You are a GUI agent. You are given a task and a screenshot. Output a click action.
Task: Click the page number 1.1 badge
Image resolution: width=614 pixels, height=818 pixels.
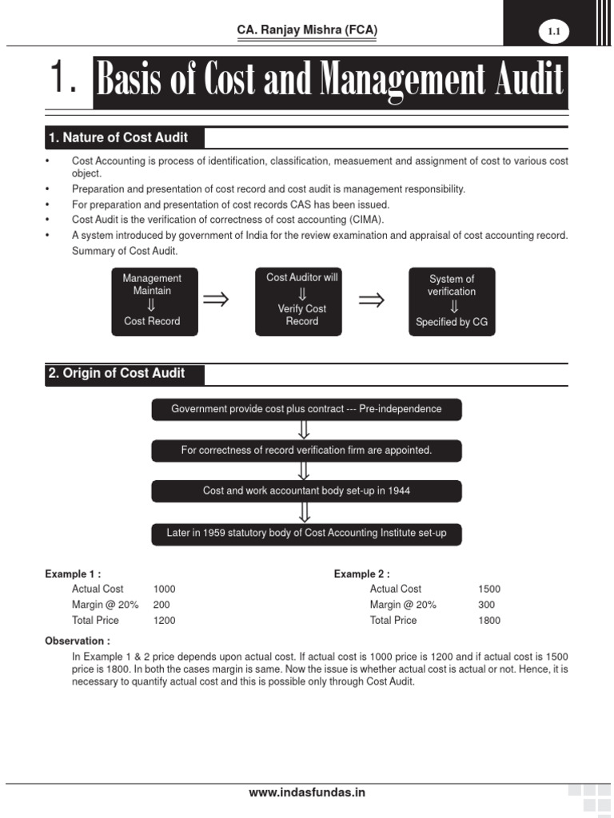pyautogui.click(x=554, y=31)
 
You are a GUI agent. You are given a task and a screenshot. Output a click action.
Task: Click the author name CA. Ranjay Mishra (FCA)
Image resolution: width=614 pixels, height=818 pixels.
pyautogui.click(x=307, y=30)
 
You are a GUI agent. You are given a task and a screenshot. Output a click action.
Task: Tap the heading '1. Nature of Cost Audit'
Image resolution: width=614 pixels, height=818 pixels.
pyautogui.click(x=118, y=138)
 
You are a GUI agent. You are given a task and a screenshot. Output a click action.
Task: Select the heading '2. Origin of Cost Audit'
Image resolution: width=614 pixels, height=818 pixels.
pyautogui.click(x=117, y=373)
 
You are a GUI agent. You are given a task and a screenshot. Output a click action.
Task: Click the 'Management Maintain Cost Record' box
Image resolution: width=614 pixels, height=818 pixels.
pyautogui.click(x=152, y=300)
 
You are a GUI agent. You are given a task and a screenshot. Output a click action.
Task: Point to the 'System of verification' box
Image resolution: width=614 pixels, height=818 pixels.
pyautogui.click(x=452, y=301)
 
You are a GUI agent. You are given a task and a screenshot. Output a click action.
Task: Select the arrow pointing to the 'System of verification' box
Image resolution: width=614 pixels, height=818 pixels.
pyautogui.click(x=371, y=300)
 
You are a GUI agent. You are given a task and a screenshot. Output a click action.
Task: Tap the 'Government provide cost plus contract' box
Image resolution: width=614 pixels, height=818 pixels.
pyautogui.click(x=306, y=409)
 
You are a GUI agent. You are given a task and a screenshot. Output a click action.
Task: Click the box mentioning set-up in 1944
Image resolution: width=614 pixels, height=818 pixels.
pyautogui.click(x=306, y=490)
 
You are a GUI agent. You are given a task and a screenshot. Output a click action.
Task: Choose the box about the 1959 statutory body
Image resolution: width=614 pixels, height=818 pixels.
pyautogui.click(x=306, y=533)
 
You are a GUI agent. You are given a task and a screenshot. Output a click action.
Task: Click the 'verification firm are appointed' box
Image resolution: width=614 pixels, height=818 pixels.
pyautogui.click(x=306, y=451)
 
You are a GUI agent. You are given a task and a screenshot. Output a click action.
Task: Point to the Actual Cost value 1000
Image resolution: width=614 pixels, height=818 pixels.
pyautogui.click(x=164, y=589)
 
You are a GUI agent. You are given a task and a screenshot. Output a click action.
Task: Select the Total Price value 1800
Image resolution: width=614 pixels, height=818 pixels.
pyautogui.click(x=489, y=620)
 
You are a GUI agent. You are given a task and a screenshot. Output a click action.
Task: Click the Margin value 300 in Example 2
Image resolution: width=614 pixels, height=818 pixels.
pyautogui.click(x=486, y=605)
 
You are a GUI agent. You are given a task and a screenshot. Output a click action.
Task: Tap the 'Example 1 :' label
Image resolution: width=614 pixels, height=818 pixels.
pyautogui.click(x=73, y=574)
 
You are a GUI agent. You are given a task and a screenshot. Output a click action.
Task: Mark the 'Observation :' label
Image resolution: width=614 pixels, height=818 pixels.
pyautogui.click(x=78, y=641)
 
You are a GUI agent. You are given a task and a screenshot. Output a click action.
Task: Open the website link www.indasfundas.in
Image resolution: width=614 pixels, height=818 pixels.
pyautogui.click(x=307, y=792)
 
